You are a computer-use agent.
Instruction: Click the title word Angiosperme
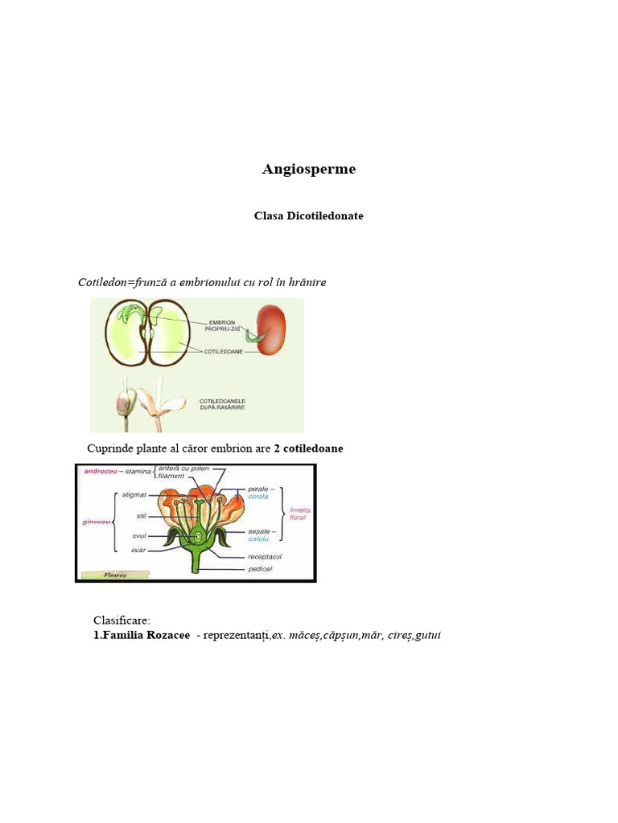[309, 170]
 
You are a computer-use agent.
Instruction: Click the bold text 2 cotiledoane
[308, 448]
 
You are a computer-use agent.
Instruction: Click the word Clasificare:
[122, 620]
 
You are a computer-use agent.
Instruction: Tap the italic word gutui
[428, 635]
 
